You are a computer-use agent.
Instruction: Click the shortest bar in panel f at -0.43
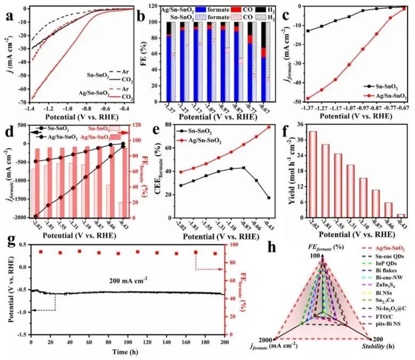(401, 215)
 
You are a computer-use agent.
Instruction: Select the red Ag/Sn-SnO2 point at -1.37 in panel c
(308, 98)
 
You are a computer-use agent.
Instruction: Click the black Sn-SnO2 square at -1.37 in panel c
(308, 30)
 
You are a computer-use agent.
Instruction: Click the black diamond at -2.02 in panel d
(36, 216)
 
